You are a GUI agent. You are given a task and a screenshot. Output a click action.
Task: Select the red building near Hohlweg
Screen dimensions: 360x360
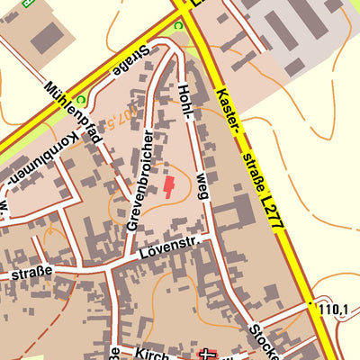[168, 187]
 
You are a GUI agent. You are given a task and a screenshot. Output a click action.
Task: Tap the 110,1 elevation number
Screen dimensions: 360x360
[333, 310]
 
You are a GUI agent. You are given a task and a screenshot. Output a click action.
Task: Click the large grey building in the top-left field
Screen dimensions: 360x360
[47, 37]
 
